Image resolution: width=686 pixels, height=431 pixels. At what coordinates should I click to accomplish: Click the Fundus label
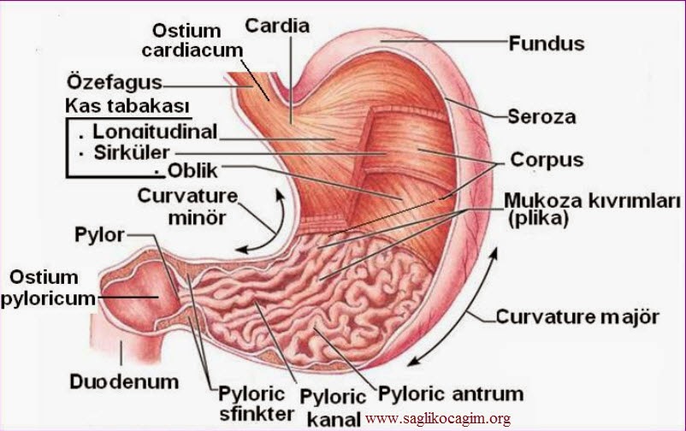pyautogui.click(x=547, y=44)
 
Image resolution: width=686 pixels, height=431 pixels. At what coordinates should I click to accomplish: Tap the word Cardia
pyautogui.click(x=277, y=26)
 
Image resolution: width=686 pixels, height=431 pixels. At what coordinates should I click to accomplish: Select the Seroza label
pyautogui.click(x=541, y=117)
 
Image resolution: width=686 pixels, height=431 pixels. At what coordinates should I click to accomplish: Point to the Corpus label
pyautogui.click(x=547, y=160)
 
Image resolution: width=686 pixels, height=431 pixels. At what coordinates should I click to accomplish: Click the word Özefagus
pyautogui.click(x=115, y=82)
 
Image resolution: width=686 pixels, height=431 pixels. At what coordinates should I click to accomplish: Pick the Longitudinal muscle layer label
pyautogui.click(x=155, y=132)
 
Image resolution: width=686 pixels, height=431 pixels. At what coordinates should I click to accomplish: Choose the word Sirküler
pyautogui.click(x=132, y=152)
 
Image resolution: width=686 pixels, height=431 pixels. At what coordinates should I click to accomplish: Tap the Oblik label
pyautogui.click(x=192, y=171)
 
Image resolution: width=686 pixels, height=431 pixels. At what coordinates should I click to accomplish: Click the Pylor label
pyautogui.click(x=100, y=235)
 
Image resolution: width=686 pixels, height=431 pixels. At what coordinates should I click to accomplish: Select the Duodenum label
pyautogui.click(x=124, y=381)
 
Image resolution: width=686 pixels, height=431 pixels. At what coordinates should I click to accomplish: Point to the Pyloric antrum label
pyautogui.click(x=451, y=394)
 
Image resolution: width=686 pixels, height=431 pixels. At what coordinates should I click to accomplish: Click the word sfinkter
pyautogui.click(x=257, y=414)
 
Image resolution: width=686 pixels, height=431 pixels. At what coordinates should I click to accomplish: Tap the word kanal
pyautogui.click(x=334, y=420)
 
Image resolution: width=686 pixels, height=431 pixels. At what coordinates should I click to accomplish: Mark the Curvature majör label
pyautogui.click(x=577, y=316)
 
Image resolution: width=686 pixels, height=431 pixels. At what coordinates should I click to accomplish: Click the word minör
pyautogui.click(x=198, y=217)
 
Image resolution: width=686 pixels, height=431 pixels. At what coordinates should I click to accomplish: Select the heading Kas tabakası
pyautogui.click(x=127, y=106)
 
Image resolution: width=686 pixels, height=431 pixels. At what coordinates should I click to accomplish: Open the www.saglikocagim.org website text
pyautogui.click(x=437, y=419)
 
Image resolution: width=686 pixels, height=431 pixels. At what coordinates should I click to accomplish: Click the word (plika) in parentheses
pyautogui.click(x=538, y=218)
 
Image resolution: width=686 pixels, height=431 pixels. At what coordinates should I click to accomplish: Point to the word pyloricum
pyautogui.click(x=48, y=299)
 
